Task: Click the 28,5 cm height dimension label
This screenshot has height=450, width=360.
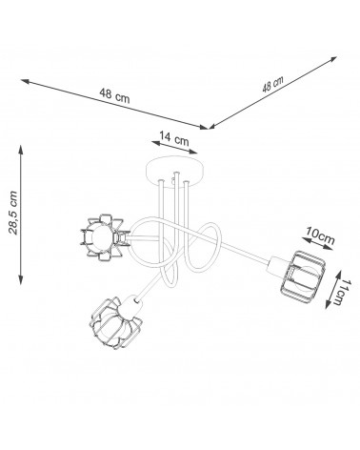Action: point(13,213)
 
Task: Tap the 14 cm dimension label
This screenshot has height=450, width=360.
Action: point(174,138)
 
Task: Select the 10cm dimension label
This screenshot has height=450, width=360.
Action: point(320,235)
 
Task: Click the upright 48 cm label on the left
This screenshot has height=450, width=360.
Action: point(114,95)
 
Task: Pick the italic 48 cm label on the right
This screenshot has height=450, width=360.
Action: point(272,84)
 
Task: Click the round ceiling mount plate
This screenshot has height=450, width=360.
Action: point(174,169)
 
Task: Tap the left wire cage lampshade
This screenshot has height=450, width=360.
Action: point(103,237)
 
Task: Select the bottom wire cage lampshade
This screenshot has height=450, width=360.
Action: point(114,323)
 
